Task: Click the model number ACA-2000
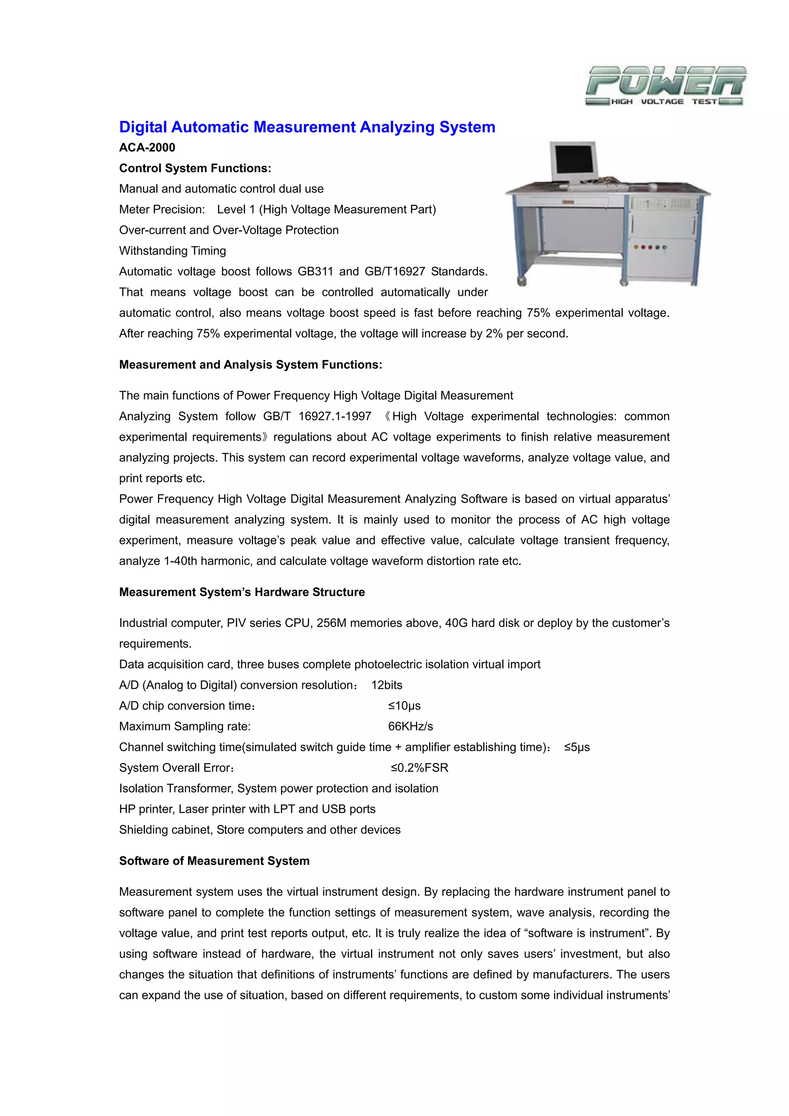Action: click(x=147, y=147)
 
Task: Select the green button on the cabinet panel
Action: click(x=657, y=247)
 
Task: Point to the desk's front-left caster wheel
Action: click(x=523, y=280)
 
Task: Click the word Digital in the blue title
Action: click(x=143, y=127)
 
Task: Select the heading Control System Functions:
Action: click(x=195, y=168)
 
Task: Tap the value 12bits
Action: click(x=386, y=685)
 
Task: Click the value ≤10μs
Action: click(x=404, y=706)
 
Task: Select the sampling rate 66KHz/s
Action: click(x=410, y=726)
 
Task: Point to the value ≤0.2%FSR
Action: click(x=420, y=767)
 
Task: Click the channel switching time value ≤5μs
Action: click(x=577, y=747)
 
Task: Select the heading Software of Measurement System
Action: click(x=214, y=861)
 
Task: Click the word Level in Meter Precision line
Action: click(x=231, y=210)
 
